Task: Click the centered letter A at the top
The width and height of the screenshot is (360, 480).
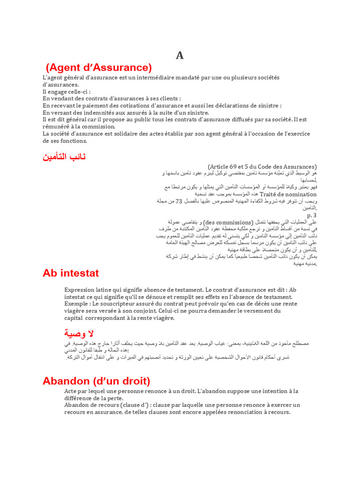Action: [180, 56]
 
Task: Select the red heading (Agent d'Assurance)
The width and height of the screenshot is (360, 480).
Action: [99, 67]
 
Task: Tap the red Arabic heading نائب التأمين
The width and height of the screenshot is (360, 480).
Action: [64, 157]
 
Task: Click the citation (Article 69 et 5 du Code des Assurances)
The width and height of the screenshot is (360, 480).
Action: [262, 166]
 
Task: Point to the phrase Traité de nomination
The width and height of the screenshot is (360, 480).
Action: [288, 194]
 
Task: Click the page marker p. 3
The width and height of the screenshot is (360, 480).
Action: [312, 215]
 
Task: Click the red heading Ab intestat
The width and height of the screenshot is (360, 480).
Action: [71, 273]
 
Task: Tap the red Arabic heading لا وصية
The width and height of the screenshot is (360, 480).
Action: [79, 333]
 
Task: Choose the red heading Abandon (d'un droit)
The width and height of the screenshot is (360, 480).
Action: [96, 381]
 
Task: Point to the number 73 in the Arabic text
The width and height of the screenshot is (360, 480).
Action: [179, 201]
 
